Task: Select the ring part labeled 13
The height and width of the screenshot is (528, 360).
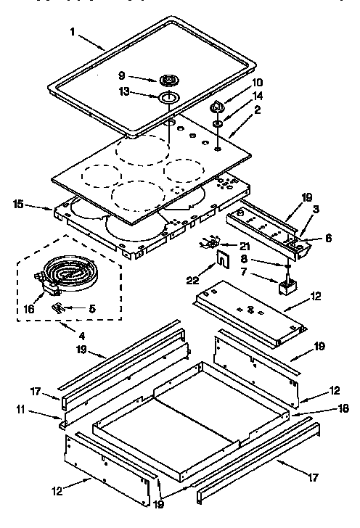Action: [168, 97]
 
